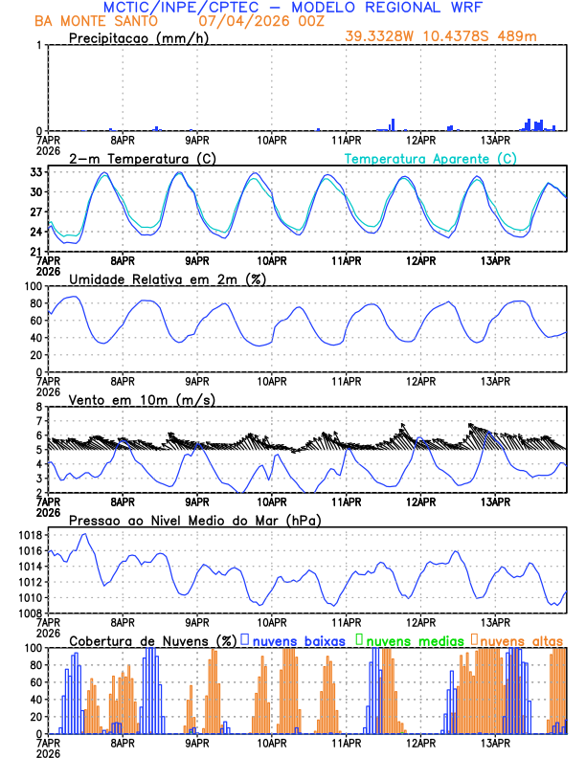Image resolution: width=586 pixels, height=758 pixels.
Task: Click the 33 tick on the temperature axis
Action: (34, 172)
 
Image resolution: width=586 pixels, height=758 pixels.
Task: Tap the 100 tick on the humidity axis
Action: (31, 286)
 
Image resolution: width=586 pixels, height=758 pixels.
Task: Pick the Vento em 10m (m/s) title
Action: (142, 399)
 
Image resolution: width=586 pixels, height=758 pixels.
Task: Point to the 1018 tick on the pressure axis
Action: (27, 535)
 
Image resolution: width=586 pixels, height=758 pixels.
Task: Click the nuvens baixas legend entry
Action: (299, 639)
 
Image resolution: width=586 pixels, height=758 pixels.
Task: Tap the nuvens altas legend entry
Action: (522, 639)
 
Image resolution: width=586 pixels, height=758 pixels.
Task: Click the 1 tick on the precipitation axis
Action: (38, 46)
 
